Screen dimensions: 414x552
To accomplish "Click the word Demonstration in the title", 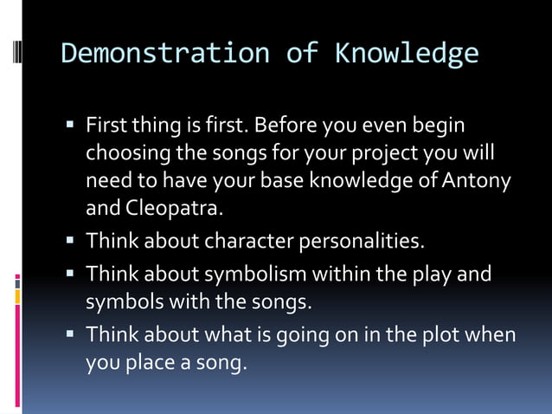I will pos(165,53).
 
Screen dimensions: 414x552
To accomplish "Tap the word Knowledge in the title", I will pos(407,53).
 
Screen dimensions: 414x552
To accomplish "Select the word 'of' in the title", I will pos(302,53).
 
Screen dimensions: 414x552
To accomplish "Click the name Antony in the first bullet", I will pos(477,181).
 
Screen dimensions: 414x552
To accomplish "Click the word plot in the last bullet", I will pos(443,334).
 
